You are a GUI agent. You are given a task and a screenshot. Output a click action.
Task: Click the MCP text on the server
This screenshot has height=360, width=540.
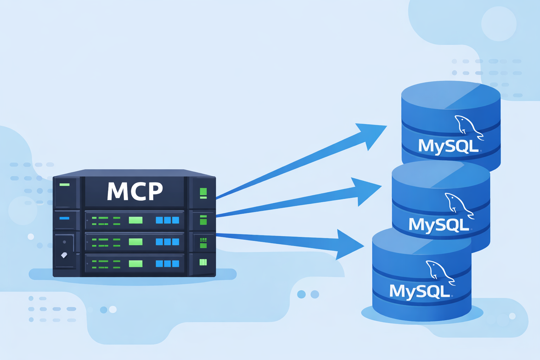135,192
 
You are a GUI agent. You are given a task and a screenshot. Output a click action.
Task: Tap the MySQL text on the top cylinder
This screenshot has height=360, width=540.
448,146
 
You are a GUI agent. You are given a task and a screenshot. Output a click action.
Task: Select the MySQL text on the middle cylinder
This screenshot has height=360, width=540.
439,224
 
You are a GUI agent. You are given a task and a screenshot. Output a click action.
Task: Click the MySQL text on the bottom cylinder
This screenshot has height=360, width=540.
419,291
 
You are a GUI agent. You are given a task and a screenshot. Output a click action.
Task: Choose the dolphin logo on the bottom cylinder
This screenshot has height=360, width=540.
439,272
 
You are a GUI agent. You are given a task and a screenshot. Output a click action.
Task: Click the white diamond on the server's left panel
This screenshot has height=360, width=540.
64,255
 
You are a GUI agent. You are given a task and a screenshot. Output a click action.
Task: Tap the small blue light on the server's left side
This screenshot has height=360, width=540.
64,218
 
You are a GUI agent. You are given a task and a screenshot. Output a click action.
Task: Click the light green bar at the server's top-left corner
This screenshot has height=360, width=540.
65,185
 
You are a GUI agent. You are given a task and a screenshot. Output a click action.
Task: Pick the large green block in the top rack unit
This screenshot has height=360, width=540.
136,220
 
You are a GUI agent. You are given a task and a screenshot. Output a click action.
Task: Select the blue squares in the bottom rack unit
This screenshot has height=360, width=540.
167,264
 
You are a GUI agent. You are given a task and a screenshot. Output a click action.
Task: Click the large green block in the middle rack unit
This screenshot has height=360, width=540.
136,242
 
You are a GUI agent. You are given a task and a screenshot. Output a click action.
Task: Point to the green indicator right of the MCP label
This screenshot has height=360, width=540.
203,193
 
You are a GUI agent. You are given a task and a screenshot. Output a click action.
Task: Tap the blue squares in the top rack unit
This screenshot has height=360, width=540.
167,220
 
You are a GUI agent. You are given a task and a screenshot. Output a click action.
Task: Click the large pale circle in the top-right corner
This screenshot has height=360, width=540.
499,24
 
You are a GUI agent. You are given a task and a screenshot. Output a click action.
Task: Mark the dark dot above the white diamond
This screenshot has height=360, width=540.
64,242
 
